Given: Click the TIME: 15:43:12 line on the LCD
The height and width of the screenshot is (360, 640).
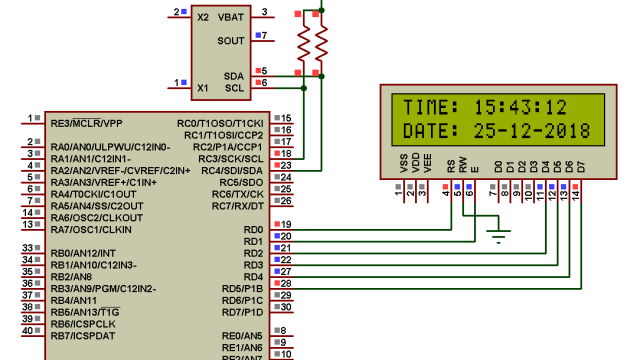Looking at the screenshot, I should click(485, 107).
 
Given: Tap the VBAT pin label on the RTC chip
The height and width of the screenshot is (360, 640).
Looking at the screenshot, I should click(230, 17).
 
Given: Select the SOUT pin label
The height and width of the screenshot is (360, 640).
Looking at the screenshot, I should click(230, 41).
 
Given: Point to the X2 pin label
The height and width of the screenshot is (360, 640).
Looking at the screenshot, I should click(203, 17).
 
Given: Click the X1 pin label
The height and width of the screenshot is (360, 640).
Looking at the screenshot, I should click(203, 88).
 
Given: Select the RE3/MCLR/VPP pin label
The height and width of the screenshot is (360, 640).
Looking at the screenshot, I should click(86, 123).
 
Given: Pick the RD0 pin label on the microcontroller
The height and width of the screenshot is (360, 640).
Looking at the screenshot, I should click(253, 230).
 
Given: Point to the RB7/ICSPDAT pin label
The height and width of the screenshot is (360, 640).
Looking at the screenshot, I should click(85, 336).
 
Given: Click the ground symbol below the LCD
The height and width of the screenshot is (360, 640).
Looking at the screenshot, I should click(497, 236).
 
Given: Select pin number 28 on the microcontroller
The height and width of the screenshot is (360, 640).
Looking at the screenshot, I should click(286, 283).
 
